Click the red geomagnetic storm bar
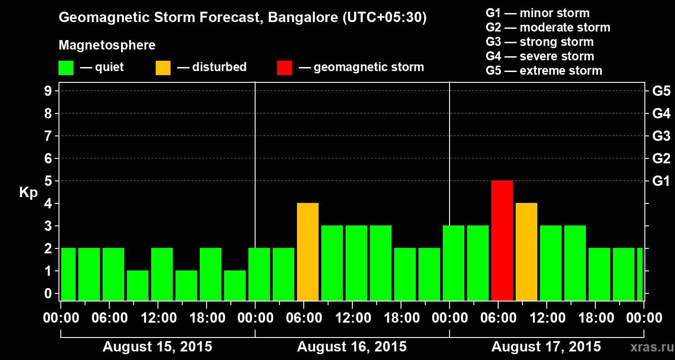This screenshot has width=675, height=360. [502, 240]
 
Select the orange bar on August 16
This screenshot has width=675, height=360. [308, 252]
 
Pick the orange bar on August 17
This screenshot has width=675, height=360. [526, 252]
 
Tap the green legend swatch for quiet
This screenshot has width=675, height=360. [66, 68]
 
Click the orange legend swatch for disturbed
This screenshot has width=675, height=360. [163, 68]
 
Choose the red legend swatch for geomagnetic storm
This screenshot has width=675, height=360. [284, 68]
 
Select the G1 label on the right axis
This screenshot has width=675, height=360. [661, 181]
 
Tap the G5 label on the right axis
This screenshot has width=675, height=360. [661, 91]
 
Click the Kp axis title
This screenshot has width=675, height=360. [28, 192]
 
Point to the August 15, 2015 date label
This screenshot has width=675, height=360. [157, 347]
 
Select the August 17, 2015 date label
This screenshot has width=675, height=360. [546, 347]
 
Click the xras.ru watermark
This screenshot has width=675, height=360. [648, 347]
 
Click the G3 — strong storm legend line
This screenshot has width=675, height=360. [540, 42]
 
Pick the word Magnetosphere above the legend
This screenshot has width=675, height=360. [107, 45]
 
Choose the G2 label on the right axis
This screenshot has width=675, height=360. [661, 159]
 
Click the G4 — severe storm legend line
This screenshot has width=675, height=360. [540, 56]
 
